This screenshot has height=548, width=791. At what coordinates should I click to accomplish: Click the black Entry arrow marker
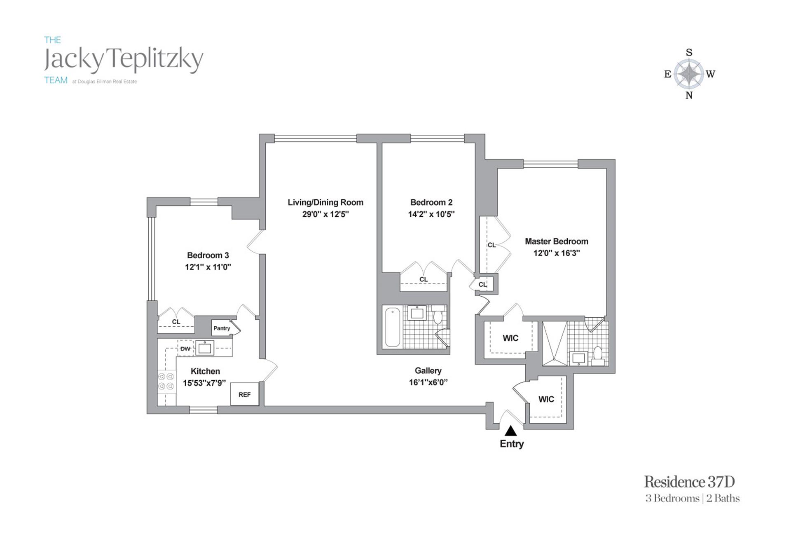[511, 431]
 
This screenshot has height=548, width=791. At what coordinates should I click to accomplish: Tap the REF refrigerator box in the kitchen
[244, 394]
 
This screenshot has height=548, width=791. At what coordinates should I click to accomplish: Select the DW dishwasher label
[185, 349]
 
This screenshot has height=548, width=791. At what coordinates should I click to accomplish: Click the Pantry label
[222, 328]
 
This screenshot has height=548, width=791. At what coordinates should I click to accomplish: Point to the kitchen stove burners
[166, 381]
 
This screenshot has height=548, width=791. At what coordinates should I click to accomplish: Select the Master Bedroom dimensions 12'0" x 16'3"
[557, 253]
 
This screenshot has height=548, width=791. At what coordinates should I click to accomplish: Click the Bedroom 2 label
[431, 202]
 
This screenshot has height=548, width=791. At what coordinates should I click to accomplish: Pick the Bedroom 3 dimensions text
[208, 267]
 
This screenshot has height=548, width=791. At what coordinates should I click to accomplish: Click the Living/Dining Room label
[325, 202]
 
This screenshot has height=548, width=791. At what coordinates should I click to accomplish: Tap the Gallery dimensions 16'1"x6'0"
[428, 382]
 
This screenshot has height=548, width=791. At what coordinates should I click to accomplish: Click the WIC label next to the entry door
[546, 399]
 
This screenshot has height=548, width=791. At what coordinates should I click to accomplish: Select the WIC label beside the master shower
[510, 338]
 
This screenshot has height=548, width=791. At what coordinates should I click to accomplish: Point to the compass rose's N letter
[689, 96]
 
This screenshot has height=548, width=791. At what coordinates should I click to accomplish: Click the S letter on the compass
[689, 52]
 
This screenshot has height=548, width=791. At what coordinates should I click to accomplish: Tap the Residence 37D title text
[689, 482]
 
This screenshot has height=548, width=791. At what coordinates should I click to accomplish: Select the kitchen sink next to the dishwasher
[204, 348]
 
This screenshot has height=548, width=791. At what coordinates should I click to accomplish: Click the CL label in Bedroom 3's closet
[176, 322]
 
